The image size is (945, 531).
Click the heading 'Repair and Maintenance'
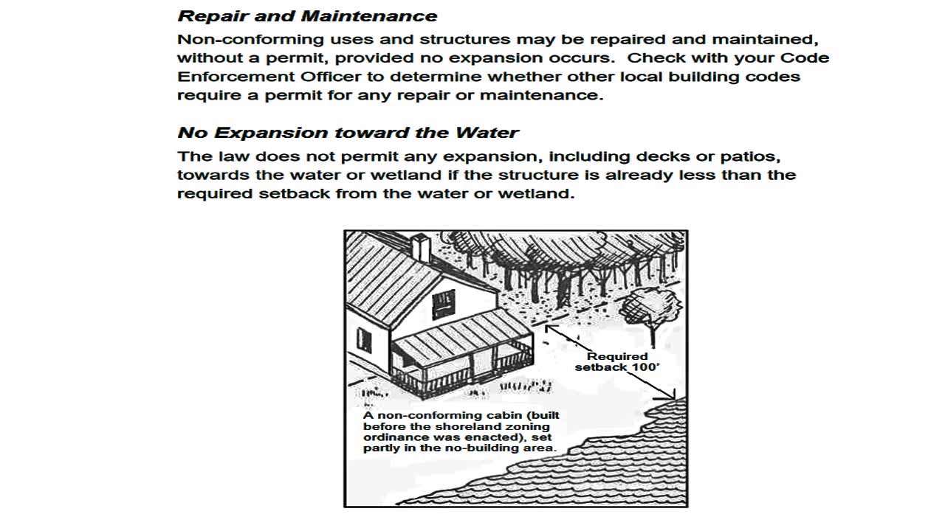click(x=307, y=16)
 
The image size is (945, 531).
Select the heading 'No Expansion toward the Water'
click(x=348, y=133)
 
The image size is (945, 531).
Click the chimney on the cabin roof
click(x=420, y=247)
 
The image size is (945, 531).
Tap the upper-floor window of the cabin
click(x=443, y=302)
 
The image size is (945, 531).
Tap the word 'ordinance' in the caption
click(x=392, y=437)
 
